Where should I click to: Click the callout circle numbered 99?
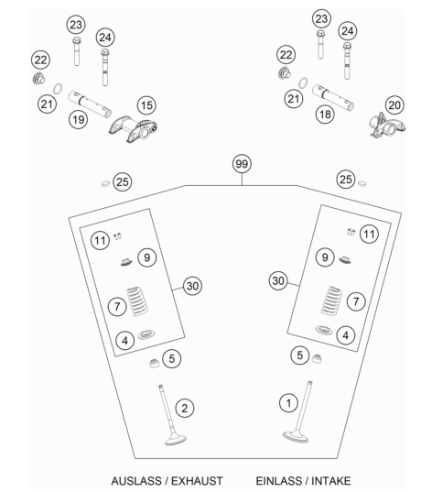(x=242, y=163)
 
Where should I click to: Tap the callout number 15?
(x=146, y=105)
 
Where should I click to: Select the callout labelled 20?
(x=394, y=104)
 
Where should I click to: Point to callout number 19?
(x=79, y=119)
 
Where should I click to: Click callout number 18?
(x=325, y=114)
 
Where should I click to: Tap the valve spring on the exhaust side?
(x=137, y=301)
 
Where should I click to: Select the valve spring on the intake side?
(x=331, y=301)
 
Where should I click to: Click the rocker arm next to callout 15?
(x=134, y=128)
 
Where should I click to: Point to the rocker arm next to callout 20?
(x=387, y=126)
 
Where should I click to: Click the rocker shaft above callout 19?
(x=90, y=104)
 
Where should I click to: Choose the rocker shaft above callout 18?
(x=333, y=98)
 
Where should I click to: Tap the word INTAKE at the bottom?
(x=331, y=481)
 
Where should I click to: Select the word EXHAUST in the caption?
(x=197, y=481)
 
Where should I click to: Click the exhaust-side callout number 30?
(x=192, y=286)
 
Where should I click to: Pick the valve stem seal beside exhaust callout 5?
(x=154, y=363)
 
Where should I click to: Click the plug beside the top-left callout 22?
(x=38, y=79)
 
